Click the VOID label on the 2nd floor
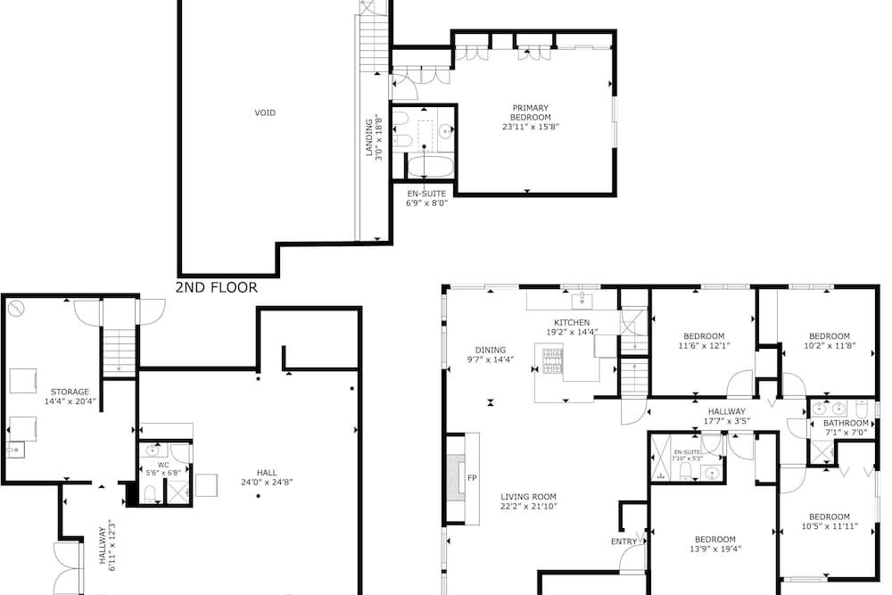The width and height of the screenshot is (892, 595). (265, 112)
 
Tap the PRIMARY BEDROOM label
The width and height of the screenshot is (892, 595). (530, 112)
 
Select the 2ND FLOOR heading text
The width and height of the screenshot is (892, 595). (217, 287)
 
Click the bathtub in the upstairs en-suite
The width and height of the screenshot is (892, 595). (431, 167)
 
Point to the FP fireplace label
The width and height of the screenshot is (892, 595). (472, 478)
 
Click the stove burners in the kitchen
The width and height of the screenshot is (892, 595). (552, 361)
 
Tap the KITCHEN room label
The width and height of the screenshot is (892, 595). (572, 323)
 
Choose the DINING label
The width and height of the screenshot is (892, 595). (491, 351)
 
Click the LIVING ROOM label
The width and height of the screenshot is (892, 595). (528, 497)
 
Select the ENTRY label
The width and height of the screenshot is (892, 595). (624, 541)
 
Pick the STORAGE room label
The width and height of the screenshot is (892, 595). (70, 392)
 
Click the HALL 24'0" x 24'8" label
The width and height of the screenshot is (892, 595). (267, 477)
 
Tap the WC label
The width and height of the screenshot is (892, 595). (163, 465)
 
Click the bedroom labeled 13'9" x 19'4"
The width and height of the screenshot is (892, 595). (715, 544)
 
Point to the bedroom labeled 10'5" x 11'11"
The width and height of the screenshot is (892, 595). (830, 522)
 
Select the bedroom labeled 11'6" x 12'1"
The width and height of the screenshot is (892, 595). (704, 341)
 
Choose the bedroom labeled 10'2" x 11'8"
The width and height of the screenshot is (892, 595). (830, 341)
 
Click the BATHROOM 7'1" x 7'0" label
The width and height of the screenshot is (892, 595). (846, 428)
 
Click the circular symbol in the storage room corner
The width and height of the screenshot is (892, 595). (16, 309)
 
